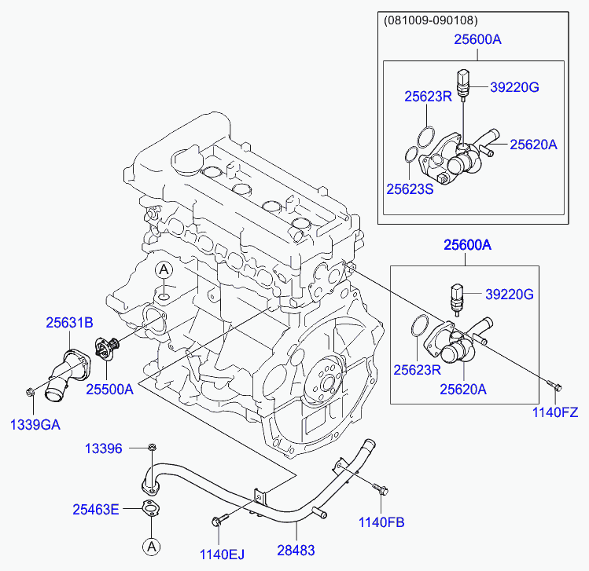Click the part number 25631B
69,323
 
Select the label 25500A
109,390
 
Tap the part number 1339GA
35,425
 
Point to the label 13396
104,448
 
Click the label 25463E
96,510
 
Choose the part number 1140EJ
222,555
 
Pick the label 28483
296,551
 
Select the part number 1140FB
381,522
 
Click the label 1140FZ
555,412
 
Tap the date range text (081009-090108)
431,20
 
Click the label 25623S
410,189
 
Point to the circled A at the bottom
152,547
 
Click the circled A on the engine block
164,269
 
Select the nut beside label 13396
152,447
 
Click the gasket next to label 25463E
151,509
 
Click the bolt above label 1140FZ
554,386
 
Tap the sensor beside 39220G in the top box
463,85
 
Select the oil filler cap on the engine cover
186,161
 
